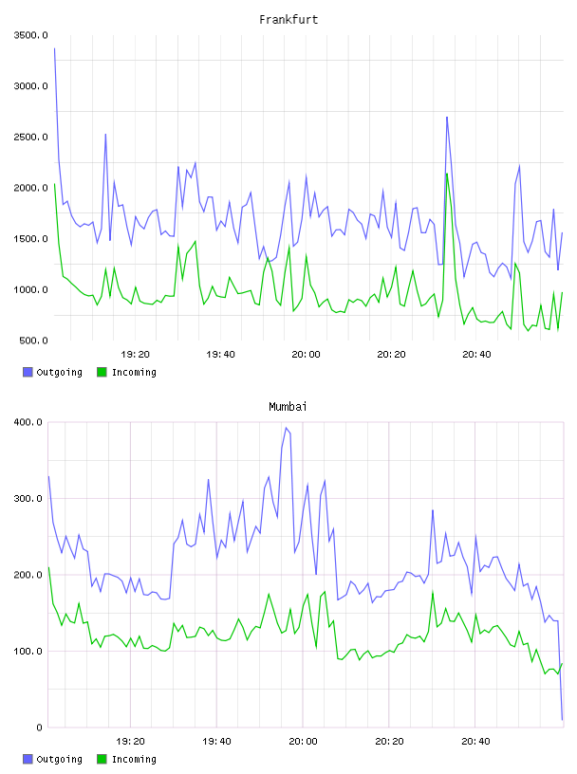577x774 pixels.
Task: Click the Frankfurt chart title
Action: tap(288, 19)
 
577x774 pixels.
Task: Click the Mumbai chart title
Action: tap(288, 406)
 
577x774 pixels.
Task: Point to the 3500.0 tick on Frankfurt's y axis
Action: tap(30, 35)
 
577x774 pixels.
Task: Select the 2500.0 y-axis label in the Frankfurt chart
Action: tap(30, 137)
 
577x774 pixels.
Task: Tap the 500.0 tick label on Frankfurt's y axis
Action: tap(33, 341)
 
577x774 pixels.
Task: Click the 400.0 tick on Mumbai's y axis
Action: tap(28, 422)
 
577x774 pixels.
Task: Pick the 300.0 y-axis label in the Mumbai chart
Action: tap(28, 498)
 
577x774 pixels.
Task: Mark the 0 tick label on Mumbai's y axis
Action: tap(39, 728)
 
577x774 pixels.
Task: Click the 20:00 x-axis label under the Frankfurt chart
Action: tap(306, 354)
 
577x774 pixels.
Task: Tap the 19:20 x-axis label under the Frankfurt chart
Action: tap(135, 354)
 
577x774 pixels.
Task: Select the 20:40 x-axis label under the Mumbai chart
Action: tap(475, 741)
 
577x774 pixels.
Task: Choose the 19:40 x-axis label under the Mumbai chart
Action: tap(216, 741)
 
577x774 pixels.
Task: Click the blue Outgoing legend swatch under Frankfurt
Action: tap(28, 372)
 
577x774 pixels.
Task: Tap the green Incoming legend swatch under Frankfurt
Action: tap(102, 372)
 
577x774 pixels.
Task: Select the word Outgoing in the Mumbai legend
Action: tap(59, 759)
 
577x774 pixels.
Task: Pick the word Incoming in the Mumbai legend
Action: tap(134, 759)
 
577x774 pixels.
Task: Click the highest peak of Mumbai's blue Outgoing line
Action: tap(286, 428)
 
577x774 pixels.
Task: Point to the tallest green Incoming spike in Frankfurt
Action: tap(447, 174)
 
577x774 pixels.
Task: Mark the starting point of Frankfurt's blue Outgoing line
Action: tap(54, 48)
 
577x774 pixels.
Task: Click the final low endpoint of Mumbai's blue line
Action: tap(562, 719)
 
